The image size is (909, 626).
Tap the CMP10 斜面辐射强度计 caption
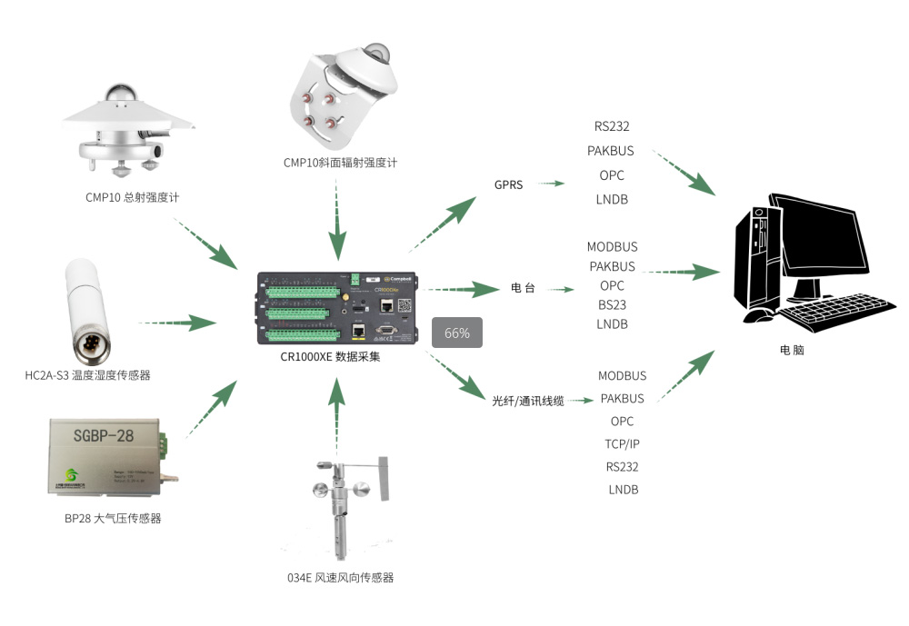(339, 163)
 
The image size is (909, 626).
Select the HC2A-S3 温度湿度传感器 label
(87, 374)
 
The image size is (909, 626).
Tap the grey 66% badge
(456, 333)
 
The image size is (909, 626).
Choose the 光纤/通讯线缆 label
(528, 400)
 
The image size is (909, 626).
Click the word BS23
(612, 304)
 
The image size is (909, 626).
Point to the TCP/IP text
(623, 444)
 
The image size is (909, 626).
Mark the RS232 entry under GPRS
(612, 126)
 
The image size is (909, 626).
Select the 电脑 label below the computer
(792, 350)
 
